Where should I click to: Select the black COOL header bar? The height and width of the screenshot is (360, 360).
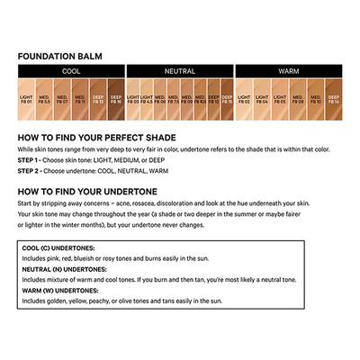pyautogui.click(x=70, y=69)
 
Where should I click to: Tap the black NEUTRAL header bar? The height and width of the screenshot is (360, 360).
pyautogui.click(x=180, y=69)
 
